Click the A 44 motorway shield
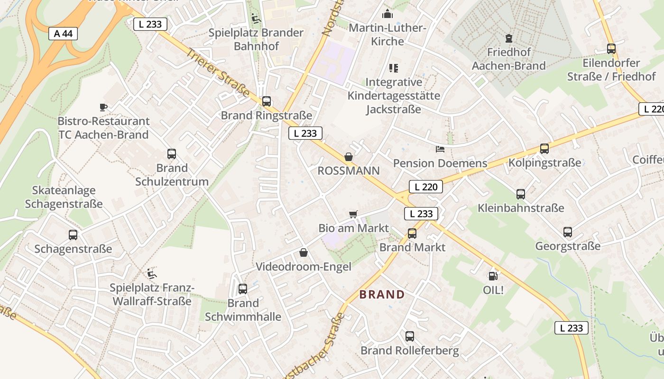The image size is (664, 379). tap(63, 34)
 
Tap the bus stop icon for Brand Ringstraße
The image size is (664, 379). tap(267, 101)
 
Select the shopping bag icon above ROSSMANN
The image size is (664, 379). tap(349, 157)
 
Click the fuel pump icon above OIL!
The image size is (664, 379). tap(493, 276)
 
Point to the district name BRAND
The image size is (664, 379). tap(382, 295)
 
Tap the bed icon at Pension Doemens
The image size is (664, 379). tap(440, 149)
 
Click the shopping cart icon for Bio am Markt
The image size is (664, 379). tap(353, 214)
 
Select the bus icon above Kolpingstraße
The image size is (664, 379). tap(544, 149)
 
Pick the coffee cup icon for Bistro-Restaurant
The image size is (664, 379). tap(103, 107)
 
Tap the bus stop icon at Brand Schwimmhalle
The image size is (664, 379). tap(243, 289)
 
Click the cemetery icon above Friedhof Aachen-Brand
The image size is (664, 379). tap(509, 38)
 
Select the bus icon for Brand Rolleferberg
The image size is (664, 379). tap(410, 336)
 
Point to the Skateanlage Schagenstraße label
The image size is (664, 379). tap(64, 197)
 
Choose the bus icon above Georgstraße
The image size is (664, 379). tap(568, 232)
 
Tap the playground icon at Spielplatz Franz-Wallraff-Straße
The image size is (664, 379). tap(151, 273)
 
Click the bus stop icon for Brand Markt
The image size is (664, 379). tap(412, 233)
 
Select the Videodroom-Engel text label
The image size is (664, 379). tap(304, 267)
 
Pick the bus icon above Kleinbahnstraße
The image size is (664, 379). tap(521, 194)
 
